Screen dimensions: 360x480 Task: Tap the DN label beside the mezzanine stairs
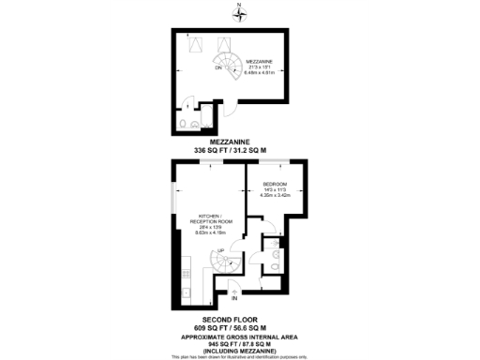point(219,68)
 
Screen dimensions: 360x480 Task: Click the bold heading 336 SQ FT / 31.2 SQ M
point(239,150)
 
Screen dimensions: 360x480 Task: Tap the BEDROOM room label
point(274,184)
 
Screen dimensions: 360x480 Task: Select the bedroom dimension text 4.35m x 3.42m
point(274,196)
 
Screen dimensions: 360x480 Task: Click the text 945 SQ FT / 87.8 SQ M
point(239,342)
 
